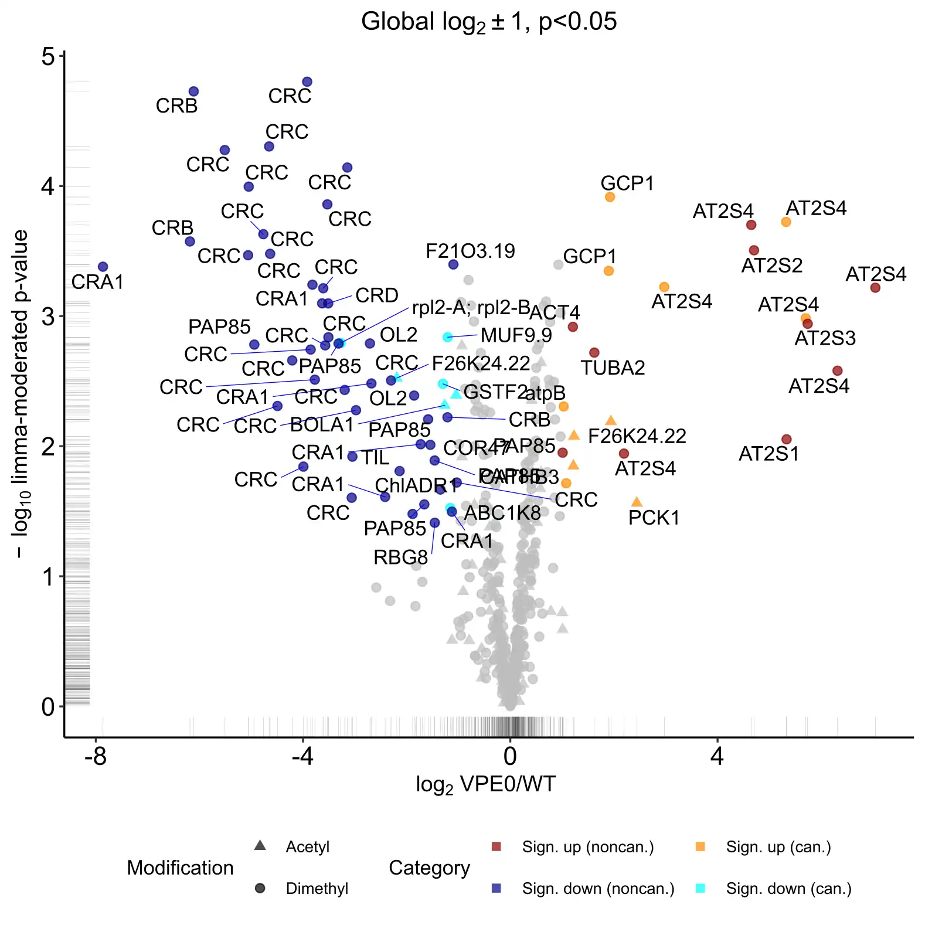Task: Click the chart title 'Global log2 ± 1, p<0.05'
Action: (x=488, y=22)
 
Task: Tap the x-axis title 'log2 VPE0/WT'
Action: (x=485, y=784)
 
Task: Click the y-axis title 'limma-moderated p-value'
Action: (x=21, y=393)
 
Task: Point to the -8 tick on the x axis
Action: (x=96, y=757)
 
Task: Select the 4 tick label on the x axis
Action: (x=717, y=757)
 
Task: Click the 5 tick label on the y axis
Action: (x=47, y=57)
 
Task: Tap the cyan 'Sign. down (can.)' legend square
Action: (x=700, y=889)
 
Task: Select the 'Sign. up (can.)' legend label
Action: (x=778, y=847)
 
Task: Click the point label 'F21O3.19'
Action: (x=470, y=251)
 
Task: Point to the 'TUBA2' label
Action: (x=613, y=368)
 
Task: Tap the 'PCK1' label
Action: (x=654, y=518)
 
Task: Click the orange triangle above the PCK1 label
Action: (x=637, y=502)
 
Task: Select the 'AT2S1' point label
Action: (x=768, y=454)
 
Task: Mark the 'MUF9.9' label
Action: (x=516, y=335)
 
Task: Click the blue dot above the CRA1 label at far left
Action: (x=103, y=267)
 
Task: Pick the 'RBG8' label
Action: (x=400, y=557)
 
